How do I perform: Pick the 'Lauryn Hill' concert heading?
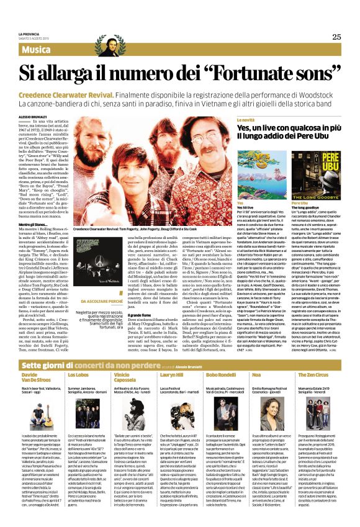click(x=171, y=376)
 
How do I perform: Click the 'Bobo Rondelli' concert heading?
click(x=222, y=376)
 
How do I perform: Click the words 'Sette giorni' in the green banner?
click(x=42, y=365)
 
